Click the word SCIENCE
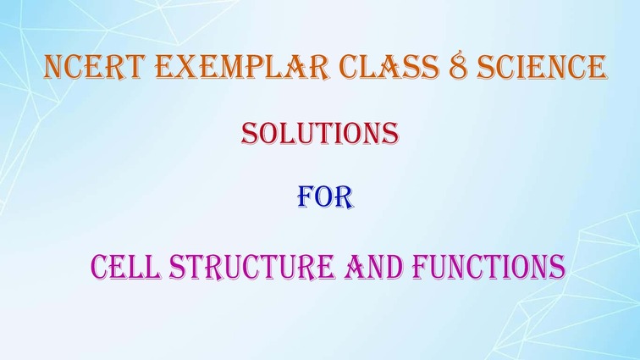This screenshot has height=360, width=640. click(x=542, y=67)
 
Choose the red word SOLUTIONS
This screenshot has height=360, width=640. click(x=320, y=133)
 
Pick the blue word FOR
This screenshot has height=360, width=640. click(x=325, y=198)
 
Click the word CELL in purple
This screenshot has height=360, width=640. click(x=125, y=267)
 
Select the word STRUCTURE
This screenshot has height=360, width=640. click(x=251, y=267)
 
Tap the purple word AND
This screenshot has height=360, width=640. click(x=373, y=267)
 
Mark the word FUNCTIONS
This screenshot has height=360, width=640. click(x=489, y=267)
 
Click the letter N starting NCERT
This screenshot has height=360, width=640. click(x=54, y=67)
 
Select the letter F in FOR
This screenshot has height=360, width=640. click(x=305, y=198)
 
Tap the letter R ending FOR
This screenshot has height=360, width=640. click(x=344, y=198)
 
